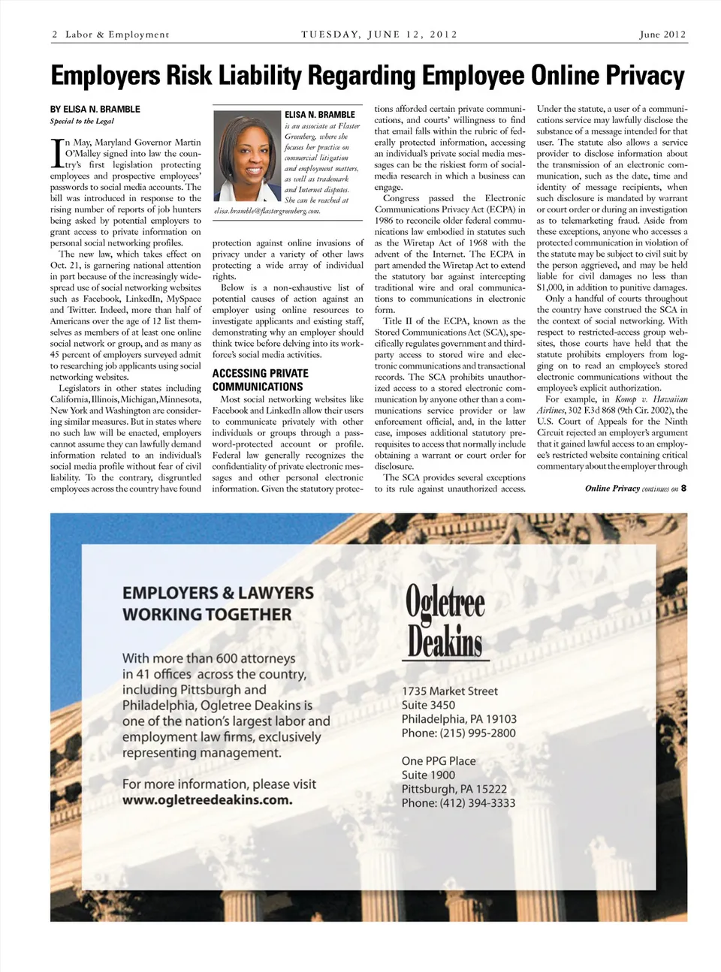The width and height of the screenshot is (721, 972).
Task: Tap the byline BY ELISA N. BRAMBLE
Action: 95,109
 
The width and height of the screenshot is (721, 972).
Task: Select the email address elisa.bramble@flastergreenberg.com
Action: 267,212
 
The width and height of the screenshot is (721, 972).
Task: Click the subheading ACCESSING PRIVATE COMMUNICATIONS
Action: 260,380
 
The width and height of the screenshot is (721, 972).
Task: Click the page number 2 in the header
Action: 55,35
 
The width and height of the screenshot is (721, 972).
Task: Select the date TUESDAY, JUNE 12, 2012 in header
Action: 379,35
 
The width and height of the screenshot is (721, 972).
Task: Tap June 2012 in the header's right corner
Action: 662,35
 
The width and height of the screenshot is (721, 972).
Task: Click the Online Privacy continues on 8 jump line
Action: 635,489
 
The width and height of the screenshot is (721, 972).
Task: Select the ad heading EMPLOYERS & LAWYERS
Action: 218,593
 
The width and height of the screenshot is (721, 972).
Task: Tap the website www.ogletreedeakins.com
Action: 207,800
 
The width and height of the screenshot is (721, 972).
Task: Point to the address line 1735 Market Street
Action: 449,691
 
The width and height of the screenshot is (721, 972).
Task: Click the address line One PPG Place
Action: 439,760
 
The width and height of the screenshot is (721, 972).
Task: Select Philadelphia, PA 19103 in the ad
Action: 459,718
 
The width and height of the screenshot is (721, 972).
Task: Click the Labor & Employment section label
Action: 117,35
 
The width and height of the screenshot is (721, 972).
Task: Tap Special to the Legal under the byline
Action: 82,122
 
